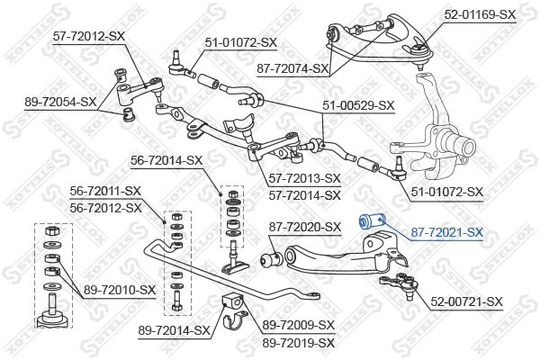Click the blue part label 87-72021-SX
[447, 233]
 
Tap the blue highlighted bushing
[371, 221]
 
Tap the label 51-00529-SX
[358, 105]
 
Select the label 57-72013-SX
[305, 178]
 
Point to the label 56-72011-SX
[105, 191]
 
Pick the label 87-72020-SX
[305, 227]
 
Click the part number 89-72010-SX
[121, 289]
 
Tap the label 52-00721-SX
[466, 301]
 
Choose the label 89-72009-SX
[298, 325]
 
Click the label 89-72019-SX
[298, 342]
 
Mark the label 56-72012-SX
[105, 207]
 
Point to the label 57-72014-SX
[305, 194]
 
